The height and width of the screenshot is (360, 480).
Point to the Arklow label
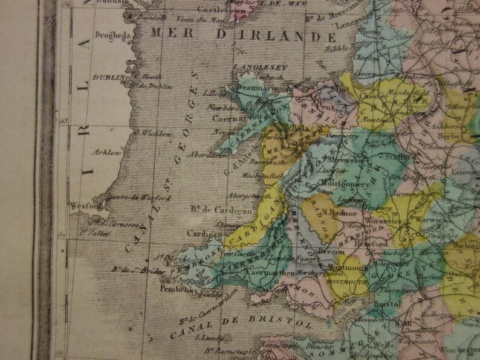108,152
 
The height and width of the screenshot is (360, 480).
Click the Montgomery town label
343,182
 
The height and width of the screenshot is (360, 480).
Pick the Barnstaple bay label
227,350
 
